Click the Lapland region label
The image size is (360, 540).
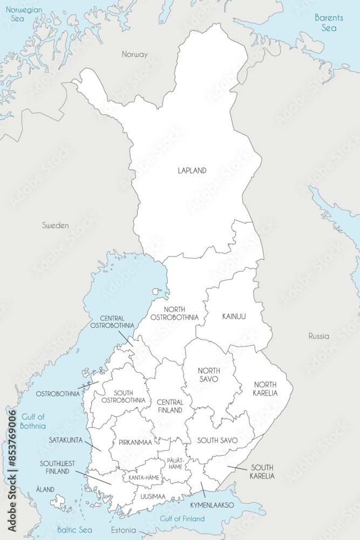pos(192,171)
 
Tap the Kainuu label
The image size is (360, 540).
pos(234,316)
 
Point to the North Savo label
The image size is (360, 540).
pos(208,375)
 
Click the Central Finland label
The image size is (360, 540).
pos(170,406)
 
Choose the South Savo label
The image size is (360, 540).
pos(217,440)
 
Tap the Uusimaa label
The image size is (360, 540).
pos(153,495)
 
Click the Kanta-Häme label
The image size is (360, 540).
pos(144,478)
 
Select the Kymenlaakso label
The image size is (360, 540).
pos(212,505)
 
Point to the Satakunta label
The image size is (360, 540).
pos(65,440)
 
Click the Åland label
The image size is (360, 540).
pos(45,489)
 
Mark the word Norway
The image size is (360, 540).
pos(134,54)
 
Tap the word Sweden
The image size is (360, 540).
pos(56,225)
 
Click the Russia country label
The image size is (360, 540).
pos(318,336)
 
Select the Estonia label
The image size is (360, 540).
pos(124,530)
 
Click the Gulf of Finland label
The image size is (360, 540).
pos(182,518)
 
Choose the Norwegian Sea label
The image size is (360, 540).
pos(21,14)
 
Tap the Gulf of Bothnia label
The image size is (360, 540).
pos(33,421)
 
